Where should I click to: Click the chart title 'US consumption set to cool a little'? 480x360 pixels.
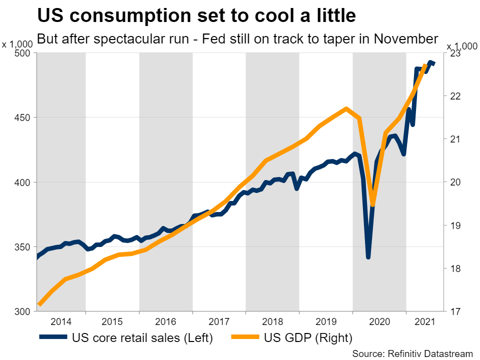pyautogui.click(x=196, y=15)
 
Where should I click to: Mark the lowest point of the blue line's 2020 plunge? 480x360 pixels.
pyautogui.click(x=368, y=257)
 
